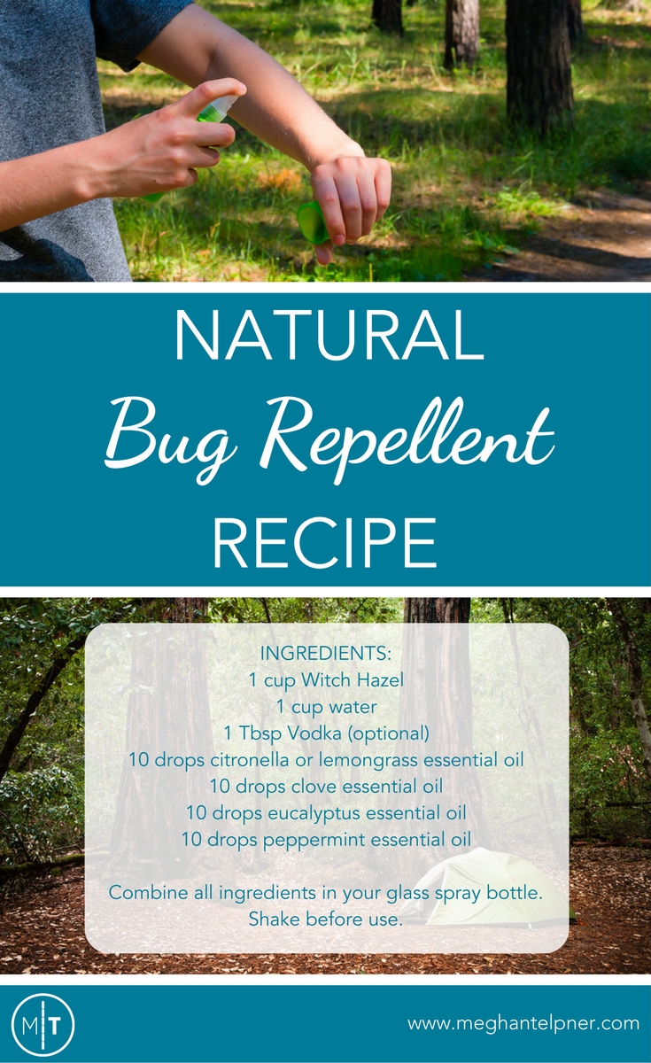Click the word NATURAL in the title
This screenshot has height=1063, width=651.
pos(329,336)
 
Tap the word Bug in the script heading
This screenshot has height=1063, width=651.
pos(169,439)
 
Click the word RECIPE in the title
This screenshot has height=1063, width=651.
pos(325,542)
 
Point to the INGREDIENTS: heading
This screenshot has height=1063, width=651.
pos(326,654)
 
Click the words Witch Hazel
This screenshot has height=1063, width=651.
pos(353,680)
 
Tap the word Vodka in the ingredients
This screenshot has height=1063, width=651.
pos(314,733)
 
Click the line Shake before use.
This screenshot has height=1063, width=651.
pos(326,919)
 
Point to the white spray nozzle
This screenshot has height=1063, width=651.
pos(222,106)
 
